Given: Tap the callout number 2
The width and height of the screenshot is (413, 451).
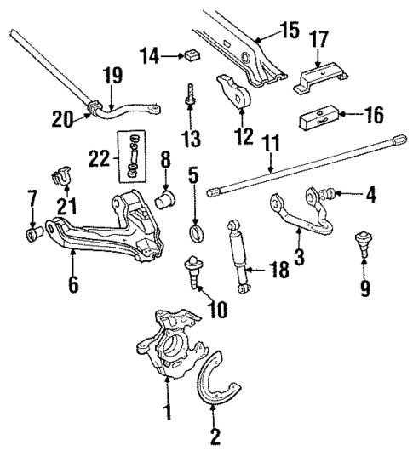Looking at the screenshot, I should coord(215,437).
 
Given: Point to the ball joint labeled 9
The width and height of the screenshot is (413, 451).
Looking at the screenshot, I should coord(365,248).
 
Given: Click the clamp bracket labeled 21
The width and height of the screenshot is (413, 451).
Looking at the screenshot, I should coord(62,176).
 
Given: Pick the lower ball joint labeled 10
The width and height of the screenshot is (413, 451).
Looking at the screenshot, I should coord(192,273).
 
